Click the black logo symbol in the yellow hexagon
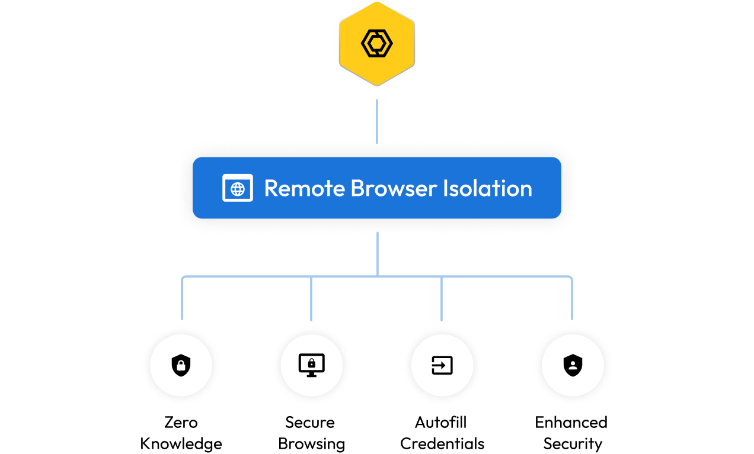coord(376,43)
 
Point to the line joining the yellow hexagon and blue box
coord(376,121)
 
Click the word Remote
coord(304,188)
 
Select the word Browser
coord(394,188)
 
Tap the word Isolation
coord(488,188)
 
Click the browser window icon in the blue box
coord(238,188)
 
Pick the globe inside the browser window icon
coord(238,189)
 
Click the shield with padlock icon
coord(181,366)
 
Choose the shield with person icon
coord(573,366)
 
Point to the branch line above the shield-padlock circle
coord(182,299)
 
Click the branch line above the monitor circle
coord(311,299)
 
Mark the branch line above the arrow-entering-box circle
coord(442,299)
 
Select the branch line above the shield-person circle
coord(572,299)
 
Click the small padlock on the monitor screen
coord(311,363)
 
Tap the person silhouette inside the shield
coord(573,366)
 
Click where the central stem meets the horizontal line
coord(377,276)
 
